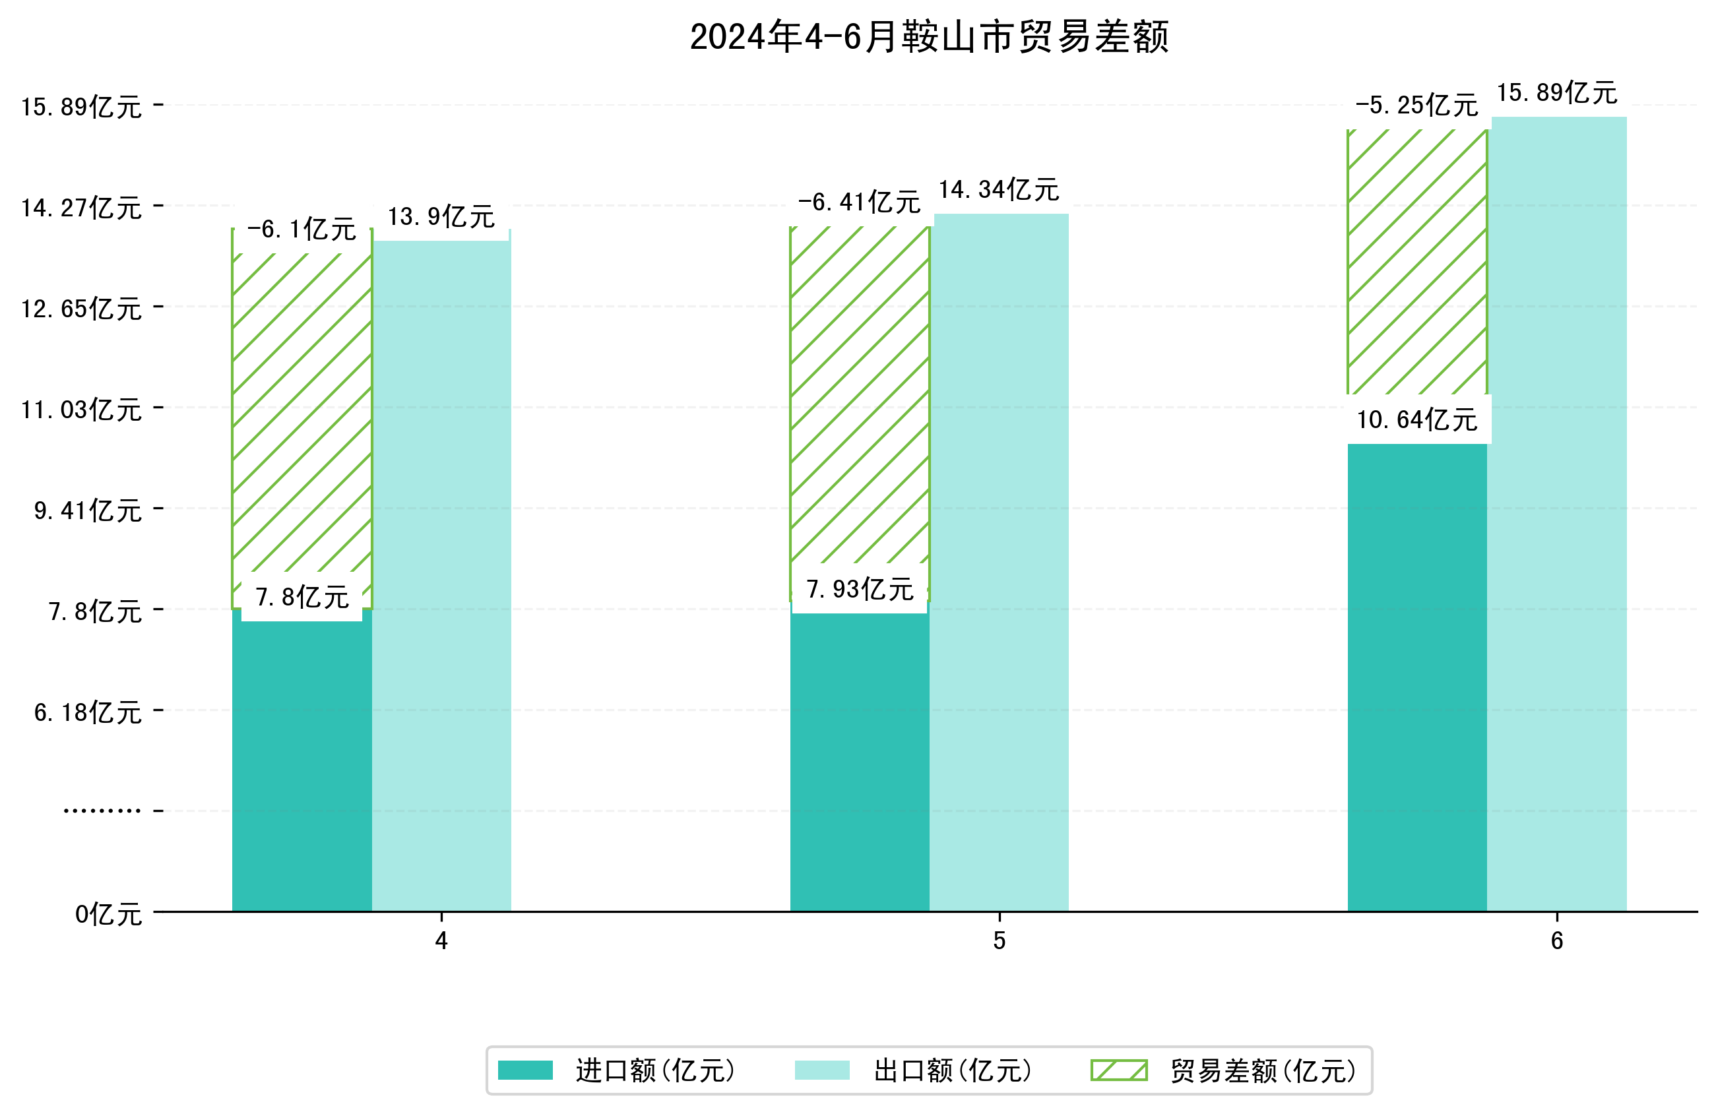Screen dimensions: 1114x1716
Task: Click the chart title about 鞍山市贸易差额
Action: coord(929,37)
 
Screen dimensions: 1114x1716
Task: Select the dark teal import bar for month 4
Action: coord(302,764)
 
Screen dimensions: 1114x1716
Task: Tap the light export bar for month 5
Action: coord(999,563)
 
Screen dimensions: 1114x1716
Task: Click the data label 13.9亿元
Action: coord(441,216)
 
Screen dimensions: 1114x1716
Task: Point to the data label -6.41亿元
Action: coord(859,202)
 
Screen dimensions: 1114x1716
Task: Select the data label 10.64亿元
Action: coord(1416,419)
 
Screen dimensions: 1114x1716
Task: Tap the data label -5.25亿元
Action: coord(1416,106)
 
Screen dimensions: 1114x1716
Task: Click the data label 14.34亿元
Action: coord(999,190)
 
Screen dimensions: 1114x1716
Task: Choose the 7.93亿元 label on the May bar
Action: coord(860,590)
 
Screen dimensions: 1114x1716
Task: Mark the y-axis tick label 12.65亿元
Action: coord(81,309)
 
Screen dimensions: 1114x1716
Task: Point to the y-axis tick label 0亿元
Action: coord(108,914)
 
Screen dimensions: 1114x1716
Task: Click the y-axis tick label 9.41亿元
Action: coord(88,511)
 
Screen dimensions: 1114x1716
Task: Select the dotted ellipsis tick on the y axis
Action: coord(102,811)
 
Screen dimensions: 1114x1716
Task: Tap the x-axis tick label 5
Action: coord(999,941)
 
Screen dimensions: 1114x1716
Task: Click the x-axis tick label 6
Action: coord(1556,941)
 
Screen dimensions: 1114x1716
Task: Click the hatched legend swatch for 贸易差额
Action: coord(1118,1070)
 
